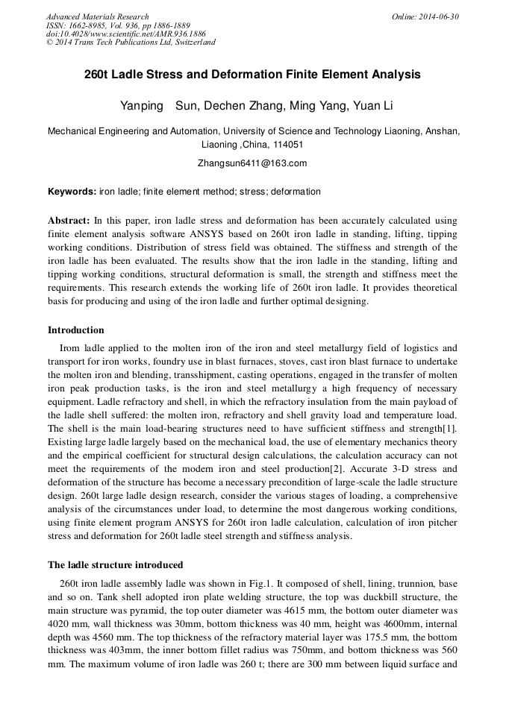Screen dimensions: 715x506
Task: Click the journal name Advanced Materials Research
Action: [x=97, y=16]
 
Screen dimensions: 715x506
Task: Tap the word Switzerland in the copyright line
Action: [x=193, y=42]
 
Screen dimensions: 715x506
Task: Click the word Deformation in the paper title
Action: [x=242, y=75]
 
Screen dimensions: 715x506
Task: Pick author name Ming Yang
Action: [x=313, y=105]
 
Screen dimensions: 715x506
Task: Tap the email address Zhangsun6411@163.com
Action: [x=252, y=163]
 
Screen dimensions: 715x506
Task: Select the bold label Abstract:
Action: [x=69, y=221]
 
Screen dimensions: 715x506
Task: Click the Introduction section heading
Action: [x=75, y=330]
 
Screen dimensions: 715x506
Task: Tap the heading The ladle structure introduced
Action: [x=115, y=564]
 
